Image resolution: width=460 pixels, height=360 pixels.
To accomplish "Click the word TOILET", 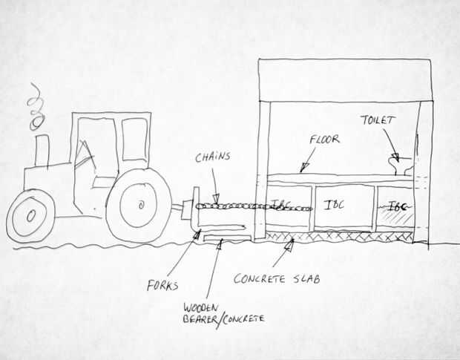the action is (x=378, y=120).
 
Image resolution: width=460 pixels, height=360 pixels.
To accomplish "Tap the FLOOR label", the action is (x=325, y=139).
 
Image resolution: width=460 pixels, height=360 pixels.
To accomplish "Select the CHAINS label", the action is (x=213, y=157).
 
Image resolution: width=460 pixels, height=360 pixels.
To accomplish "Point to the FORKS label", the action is (x=162, y=285).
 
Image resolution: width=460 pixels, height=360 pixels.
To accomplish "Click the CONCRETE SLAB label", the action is (x=277, y=278).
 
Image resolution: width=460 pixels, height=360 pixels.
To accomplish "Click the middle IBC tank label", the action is (x=334, y=205).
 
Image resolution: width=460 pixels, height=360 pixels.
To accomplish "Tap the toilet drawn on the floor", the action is (x=401, y=166).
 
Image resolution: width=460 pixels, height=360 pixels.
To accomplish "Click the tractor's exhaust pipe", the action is (x=42, y=151).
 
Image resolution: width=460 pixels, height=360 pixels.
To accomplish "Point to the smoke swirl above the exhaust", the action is (x=36, y=107).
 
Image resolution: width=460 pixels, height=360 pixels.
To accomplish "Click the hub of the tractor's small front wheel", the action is (x=31, y=216).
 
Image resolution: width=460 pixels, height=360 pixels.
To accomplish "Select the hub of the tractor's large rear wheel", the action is (x=141, y=205).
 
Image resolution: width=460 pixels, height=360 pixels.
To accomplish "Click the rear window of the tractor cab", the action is (x=134, y=140).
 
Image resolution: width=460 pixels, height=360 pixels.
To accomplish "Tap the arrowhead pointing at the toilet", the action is (x=395, y=157).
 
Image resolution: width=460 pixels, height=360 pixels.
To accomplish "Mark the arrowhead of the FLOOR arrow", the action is (x=304, y=168).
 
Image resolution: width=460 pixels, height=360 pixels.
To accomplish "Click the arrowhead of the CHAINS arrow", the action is (x=217, y=199).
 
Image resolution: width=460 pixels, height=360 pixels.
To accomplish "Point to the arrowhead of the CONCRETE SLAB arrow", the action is (x=289, y=245).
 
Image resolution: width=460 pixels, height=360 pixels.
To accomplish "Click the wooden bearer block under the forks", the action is (x=226, y=238).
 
